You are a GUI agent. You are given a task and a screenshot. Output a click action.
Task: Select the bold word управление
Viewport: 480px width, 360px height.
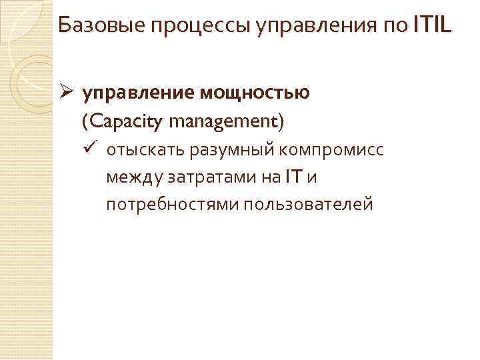(136, 94)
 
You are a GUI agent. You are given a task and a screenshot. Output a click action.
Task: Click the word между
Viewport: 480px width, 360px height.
(131, 177)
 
